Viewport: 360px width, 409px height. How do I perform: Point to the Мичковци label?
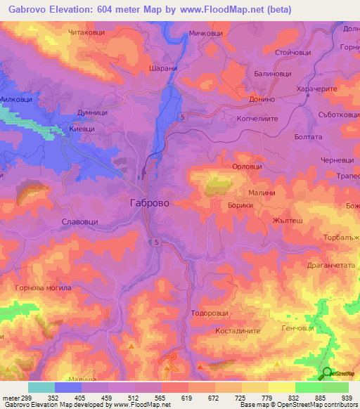[x=206, y=33]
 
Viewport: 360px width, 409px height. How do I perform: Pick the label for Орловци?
[x=247, y=167]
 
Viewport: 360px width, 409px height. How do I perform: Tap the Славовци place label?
[x=84, y=221]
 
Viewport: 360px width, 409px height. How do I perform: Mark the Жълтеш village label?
[x=285, y=220]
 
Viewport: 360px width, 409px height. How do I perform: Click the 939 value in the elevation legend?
[x=346, y=396]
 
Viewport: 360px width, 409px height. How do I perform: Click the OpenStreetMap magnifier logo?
[x=327, y=373]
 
